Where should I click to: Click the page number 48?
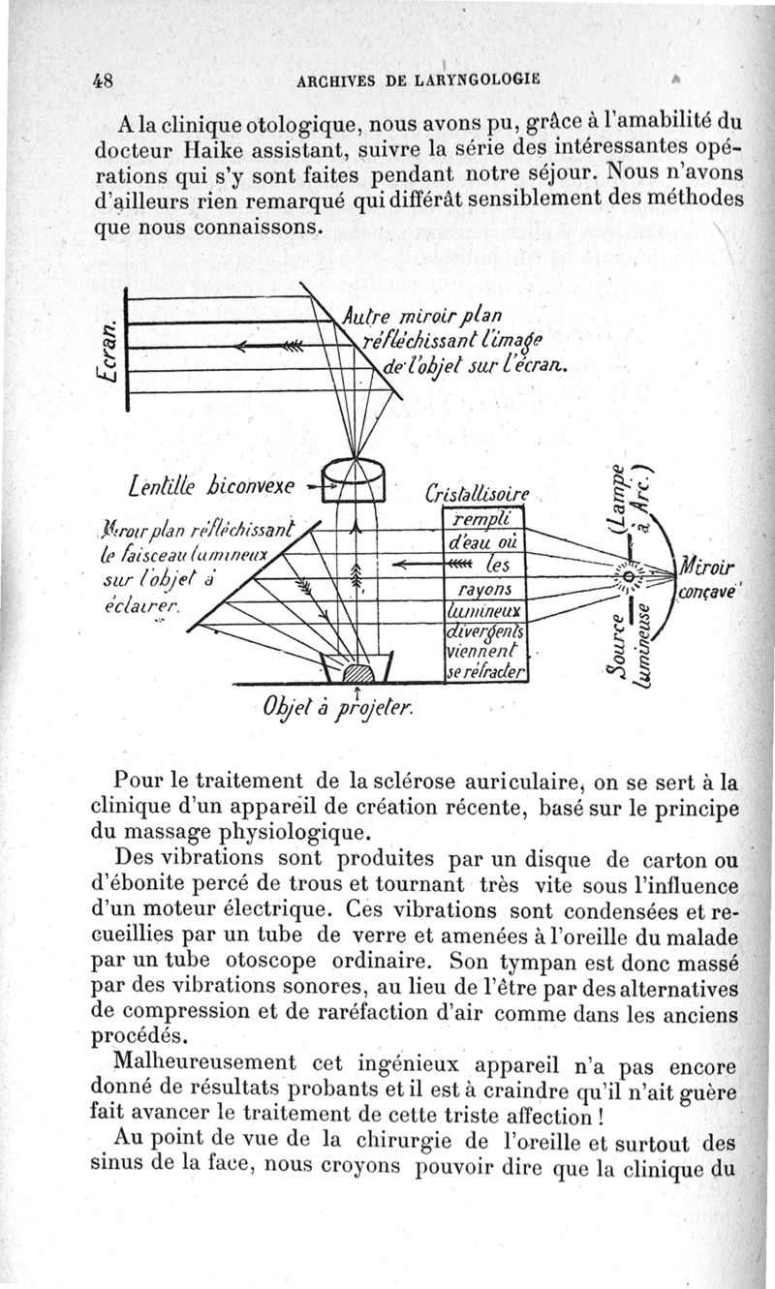(105, 81)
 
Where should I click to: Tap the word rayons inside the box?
(480, 589)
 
